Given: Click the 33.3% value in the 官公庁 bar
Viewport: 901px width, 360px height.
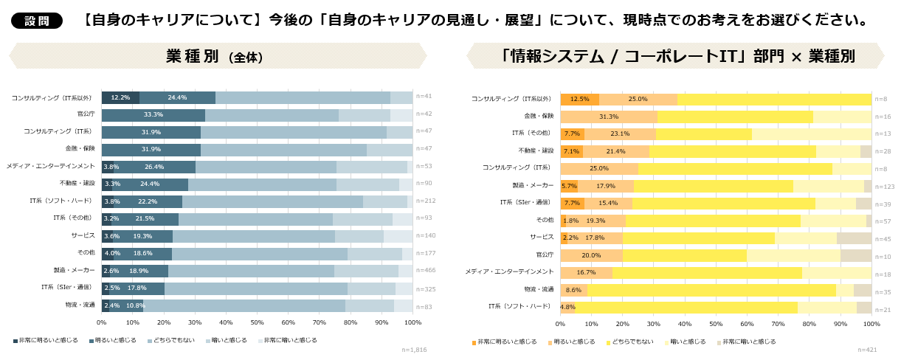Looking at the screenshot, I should coord(153,115).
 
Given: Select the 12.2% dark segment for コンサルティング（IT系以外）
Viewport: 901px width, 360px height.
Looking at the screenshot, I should coord(120,97).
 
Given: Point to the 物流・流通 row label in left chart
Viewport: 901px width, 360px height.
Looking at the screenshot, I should coord(80,305).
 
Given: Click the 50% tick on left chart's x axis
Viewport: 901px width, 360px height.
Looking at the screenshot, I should coord(257,322).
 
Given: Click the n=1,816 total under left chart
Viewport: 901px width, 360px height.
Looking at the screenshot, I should coord(414,350).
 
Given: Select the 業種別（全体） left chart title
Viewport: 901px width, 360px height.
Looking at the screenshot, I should coord(215,56).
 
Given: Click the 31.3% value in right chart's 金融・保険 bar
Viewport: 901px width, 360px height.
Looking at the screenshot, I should coord(609,117).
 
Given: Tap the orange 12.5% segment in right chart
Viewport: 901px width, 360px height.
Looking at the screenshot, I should coord(579,99).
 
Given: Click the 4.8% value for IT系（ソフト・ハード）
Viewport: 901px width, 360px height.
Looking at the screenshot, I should coord(567,307).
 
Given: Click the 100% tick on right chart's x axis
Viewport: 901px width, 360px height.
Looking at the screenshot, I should coord(871,324).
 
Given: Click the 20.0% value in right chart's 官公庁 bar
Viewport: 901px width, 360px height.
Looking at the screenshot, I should coord(591,255).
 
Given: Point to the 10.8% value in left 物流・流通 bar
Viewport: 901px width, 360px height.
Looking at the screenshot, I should coord(135,305).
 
